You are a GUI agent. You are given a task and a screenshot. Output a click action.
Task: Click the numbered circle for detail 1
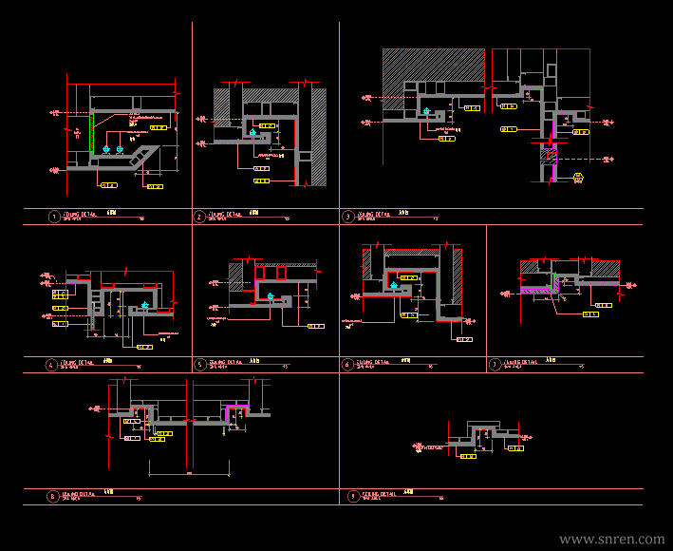tap(53, 217)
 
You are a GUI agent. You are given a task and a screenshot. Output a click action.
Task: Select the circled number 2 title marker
tap(199, 217)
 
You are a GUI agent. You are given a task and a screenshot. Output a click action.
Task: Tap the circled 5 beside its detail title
tap(199, 364)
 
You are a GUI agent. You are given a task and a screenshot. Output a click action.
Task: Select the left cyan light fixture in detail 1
tap(106, 150)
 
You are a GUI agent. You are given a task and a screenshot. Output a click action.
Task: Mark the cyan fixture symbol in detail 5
tap(271, 296)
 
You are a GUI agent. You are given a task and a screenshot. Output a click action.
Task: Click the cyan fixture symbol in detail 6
tap(395, 284)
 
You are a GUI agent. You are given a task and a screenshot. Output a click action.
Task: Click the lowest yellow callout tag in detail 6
tap(464, 339)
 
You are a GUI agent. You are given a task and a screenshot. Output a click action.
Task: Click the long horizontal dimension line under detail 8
tap(190, 472)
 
